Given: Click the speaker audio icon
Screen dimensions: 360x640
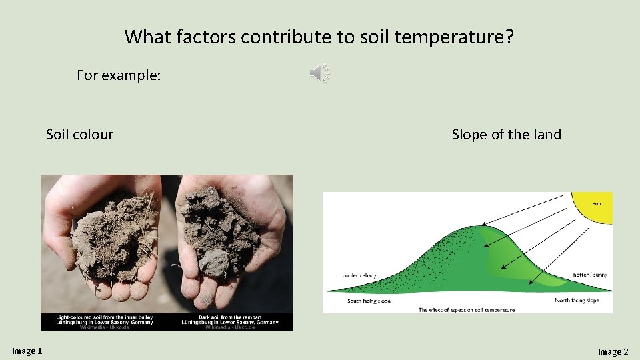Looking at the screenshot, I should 320,74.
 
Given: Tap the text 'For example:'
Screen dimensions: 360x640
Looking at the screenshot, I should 119,75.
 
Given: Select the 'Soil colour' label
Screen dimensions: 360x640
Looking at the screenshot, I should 79,135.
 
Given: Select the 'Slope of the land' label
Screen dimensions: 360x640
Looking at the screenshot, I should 506,135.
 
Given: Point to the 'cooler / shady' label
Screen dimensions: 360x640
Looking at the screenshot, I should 359,275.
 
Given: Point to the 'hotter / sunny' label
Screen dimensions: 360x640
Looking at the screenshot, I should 590,275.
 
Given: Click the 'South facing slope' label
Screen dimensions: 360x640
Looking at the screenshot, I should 369,301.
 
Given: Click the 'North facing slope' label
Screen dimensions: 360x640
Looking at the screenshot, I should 577,301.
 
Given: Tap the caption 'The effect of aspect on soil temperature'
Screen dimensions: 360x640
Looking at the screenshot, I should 466,310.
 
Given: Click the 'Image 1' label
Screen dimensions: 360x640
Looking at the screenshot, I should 27,351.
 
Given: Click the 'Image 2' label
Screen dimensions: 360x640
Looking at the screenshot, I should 613,351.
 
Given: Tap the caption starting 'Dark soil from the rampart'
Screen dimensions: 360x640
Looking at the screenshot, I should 230,320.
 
